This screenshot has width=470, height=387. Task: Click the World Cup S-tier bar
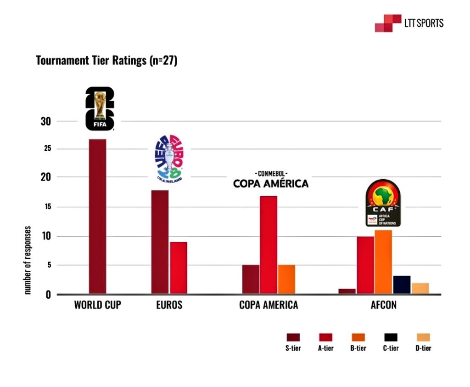pyautogui.click(x=97, y=216)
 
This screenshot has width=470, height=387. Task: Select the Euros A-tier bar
pyautogui.click(x=179, y=267)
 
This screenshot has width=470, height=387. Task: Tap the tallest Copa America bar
pyautogui.click(x=269, y=245)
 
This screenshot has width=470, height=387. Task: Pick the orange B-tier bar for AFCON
pyautogui.click(x=383, y=262)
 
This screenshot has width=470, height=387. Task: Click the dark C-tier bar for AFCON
pyautogui.click(x=402, y=285)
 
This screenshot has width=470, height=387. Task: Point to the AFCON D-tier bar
pyautogui.click(x=420, y=288)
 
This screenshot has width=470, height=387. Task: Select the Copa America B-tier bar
pyautogui.click(x=286, y=279)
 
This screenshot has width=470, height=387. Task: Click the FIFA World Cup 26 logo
pyautogui.click(x=100, y=108)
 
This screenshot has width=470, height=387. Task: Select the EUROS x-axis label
pyautogui.click(x=169, y=305)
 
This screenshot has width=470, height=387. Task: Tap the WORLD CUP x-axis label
pyautogui.click(x=97, y=305)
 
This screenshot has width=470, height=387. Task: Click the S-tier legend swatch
pyautogui.click(x=293, y=337)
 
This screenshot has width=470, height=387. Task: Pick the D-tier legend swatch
pyautogui.click(x=423, y=337)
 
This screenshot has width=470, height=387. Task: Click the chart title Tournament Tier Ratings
pyautogui.click(x=106, y=61)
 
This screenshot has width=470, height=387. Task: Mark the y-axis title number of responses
pyautogui.click(x=28, y=260)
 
